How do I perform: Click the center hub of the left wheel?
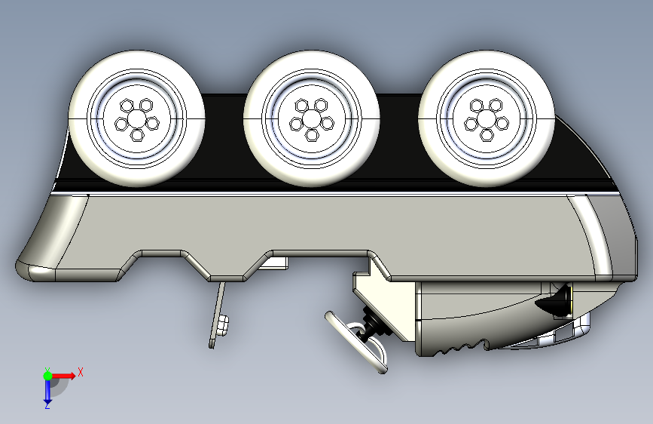click(136, 119)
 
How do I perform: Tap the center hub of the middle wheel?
click(311, 119)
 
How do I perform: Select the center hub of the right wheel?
click(486, 119)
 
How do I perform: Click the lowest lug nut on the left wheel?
click(137, 135)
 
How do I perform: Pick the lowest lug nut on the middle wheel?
click(312, 135)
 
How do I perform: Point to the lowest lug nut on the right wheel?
click(487, 135)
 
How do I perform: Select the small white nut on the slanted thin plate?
click(223, 325)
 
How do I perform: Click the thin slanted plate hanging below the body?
click(217, 315)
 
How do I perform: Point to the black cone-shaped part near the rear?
click(554, 300)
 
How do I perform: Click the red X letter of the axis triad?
click(81, 372)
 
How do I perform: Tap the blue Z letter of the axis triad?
click(47, 405)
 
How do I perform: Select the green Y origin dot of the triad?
click(47, 376)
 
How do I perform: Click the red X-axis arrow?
click(63, 376)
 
